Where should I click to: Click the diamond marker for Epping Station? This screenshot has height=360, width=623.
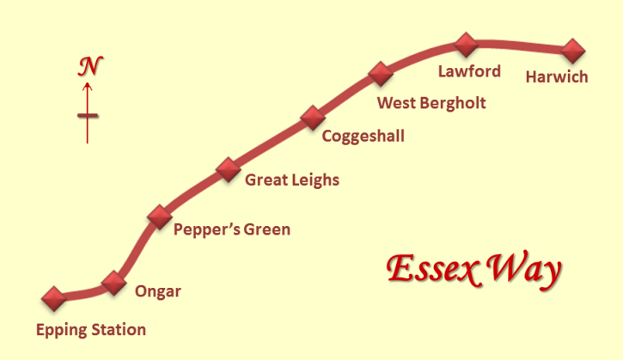pos(54,298)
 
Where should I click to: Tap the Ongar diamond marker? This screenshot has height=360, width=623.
pos(114,283)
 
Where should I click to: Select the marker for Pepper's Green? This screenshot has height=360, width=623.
pos(160,217)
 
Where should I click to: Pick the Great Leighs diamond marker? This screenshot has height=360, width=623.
pos(229,169)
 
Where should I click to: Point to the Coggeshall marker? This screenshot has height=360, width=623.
pos(313,118)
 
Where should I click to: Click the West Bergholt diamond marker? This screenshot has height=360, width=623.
pos(381,74)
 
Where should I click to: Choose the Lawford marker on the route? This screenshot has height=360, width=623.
pos(466,45)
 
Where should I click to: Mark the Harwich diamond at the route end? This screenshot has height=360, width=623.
pos(573,51)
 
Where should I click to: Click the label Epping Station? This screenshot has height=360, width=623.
pos(91,330)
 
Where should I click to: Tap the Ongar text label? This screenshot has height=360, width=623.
pos(158,291)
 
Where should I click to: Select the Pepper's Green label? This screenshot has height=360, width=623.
pos(232,229)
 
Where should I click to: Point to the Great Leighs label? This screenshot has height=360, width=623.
pos(292,180)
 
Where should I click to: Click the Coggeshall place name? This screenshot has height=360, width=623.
pos(363,137)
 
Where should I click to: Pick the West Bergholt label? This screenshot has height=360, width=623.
pos(431,103)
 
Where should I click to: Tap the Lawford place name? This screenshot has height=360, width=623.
pos(469,71)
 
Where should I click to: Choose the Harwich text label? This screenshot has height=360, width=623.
pos(557,77)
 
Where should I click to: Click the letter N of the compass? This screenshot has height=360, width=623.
pos(90,66)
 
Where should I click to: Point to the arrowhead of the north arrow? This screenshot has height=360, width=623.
pos(88,86)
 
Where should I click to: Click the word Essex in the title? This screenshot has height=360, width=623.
pos(432,269)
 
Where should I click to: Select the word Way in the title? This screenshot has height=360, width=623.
pos(524,271)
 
